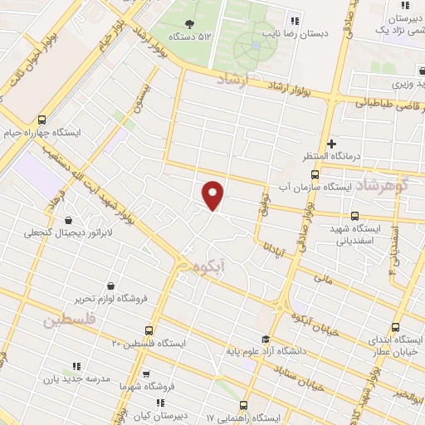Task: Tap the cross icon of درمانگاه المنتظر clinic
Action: pyautogui.click(x=333, y=144)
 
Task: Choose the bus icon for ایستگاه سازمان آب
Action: pyautogui.click(x=314, y=175)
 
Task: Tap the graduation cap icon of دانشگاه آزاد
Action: pyautogui.click(x=265, y=339)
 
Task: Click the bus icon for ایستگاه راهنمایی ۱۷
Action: pyautogui.click(x=243, y=404)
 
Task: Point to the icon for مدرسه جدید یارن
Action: pyautogui.click(x=76, y=366)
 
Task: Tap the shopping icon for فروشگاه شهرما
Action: pyautogui.click(x=146, y=375)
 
